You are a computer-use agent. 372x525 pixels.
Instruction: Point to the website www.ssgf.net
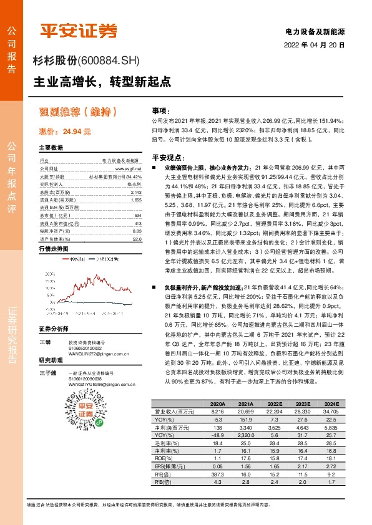tap(129, 168)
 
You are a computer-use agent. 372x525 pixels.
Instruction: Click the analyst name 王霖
tap(44, 342)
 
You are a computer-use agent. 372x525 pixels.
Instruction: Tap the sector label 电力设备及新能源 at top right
tap(315, 31)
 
